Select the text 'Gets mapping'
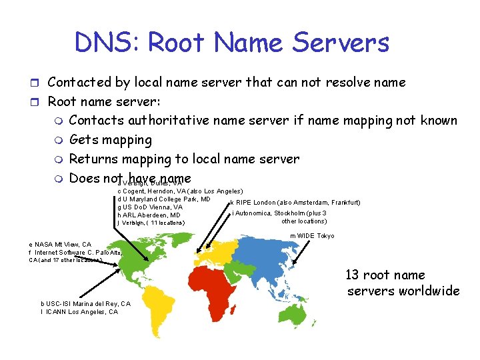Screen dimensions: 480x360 click(111, 140)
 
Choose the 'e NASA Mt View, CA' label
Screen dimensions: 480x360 click(61, 244)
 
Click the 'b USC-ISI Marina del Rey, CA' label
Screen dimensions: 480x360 click(85, 304)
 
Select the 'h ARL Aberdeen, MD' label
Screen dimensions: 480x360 click(148, 215)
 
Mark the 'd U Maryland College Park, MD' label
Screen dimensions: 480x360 click(164, 199)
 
